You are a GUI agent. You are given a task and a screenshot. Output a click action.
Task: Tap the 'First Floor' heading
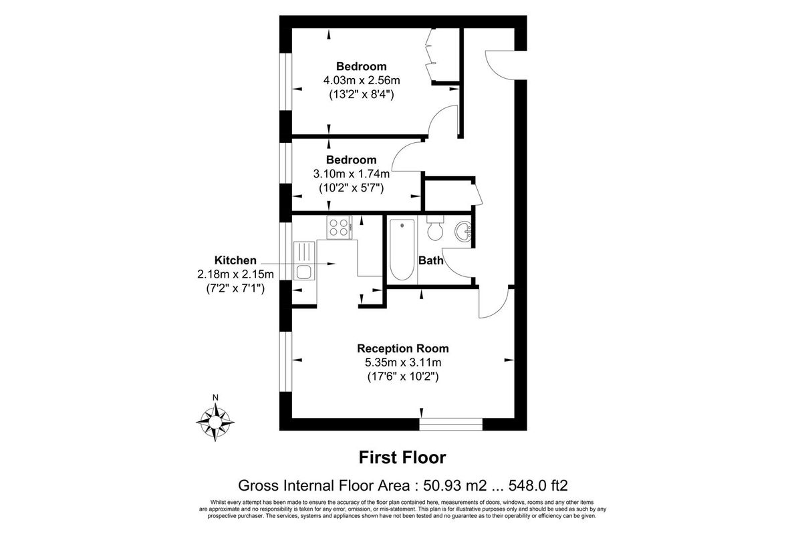pyautogui.click(x=402, y=457)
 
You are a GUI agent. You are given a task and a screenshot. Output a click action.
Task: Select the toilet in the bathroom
pyautogui.click(x=434, y=228)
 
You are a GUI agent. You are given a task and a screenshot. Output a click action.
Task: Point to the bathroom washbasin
pyautogui.click(x=462, y=232)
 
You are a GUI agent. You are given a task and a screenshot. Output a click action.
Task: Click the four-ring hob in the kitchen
pyautogui.click(x=340, y=227)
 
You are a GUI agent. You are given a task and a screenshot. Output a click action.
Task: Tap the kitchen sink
pyautogui.click(x=303, y=271)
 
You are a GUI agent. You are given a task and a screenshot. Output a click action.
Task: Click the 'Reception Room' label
pyautogui.click(x=402, y=348)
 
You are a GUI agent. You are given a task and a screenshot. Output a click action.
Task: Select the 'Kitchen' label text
pyautogui.click(x=235, y=260)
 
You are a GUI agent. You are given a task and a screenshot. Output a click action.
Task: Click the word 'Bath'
pyautogui.click(x=431, y=260)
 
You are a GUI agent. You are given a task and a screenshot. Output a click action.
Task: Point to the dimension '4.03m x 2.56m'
pyautogui.click(x=361, y=81)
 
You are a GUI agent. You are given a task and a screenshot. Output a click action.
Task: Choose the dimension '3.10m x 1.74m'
pyautogui.click(x=351, y=174)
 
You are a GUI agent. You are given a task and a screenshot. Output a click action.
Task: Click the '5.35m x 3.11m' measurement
pyautogui.click(x=402, y=362)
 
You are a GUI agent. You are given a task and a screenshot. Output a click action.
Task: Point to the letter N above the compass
pyautogui.click(x=215, y=398)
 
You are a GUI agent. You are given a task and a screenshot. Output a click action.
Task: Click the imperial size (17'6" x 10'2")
pyautogui.click(x=402, y=376)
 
